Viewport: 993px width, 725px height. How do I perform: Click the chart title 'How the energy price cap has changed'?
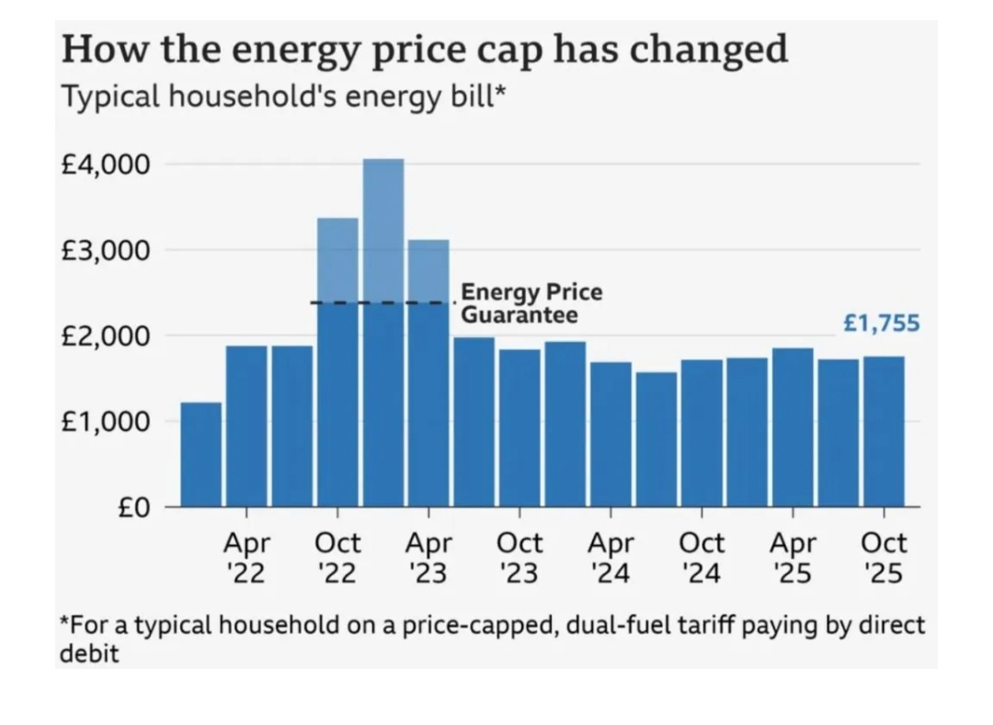424,49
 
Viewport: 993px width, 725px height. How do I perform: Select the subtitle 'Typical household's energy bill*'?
283,96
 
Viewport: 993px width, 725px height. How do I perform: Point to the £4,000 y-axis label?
105,165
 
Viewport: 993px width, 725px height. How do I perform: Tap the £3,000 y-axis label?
105,251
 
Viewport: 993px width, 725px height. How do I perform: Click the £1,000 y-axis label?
105,422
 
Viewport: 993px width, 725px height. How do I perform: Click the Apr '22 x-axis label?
246,558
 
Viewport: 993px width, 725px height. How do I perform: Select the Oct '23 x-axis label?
519,558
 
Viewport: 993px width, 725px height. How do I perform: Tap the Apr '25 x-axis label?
793,558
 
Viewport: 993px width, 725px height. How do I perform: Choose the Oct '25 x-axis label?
884,558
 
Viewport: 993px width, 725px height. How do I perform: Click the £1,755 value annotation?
881,323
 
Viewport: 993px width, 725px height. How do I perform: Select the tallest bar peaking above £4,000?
383,331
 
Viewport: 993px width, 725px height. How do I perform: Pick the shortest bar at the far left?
200,455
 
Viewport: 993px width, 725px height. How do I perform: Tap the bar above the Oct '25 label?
884,432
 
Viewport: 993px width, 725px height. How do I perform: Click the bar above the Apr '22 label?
246,426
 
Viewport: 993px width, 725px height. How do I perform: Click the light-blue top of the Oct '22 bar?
337,260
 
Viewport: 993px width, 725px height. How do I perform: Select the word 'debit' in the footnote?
89,654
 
